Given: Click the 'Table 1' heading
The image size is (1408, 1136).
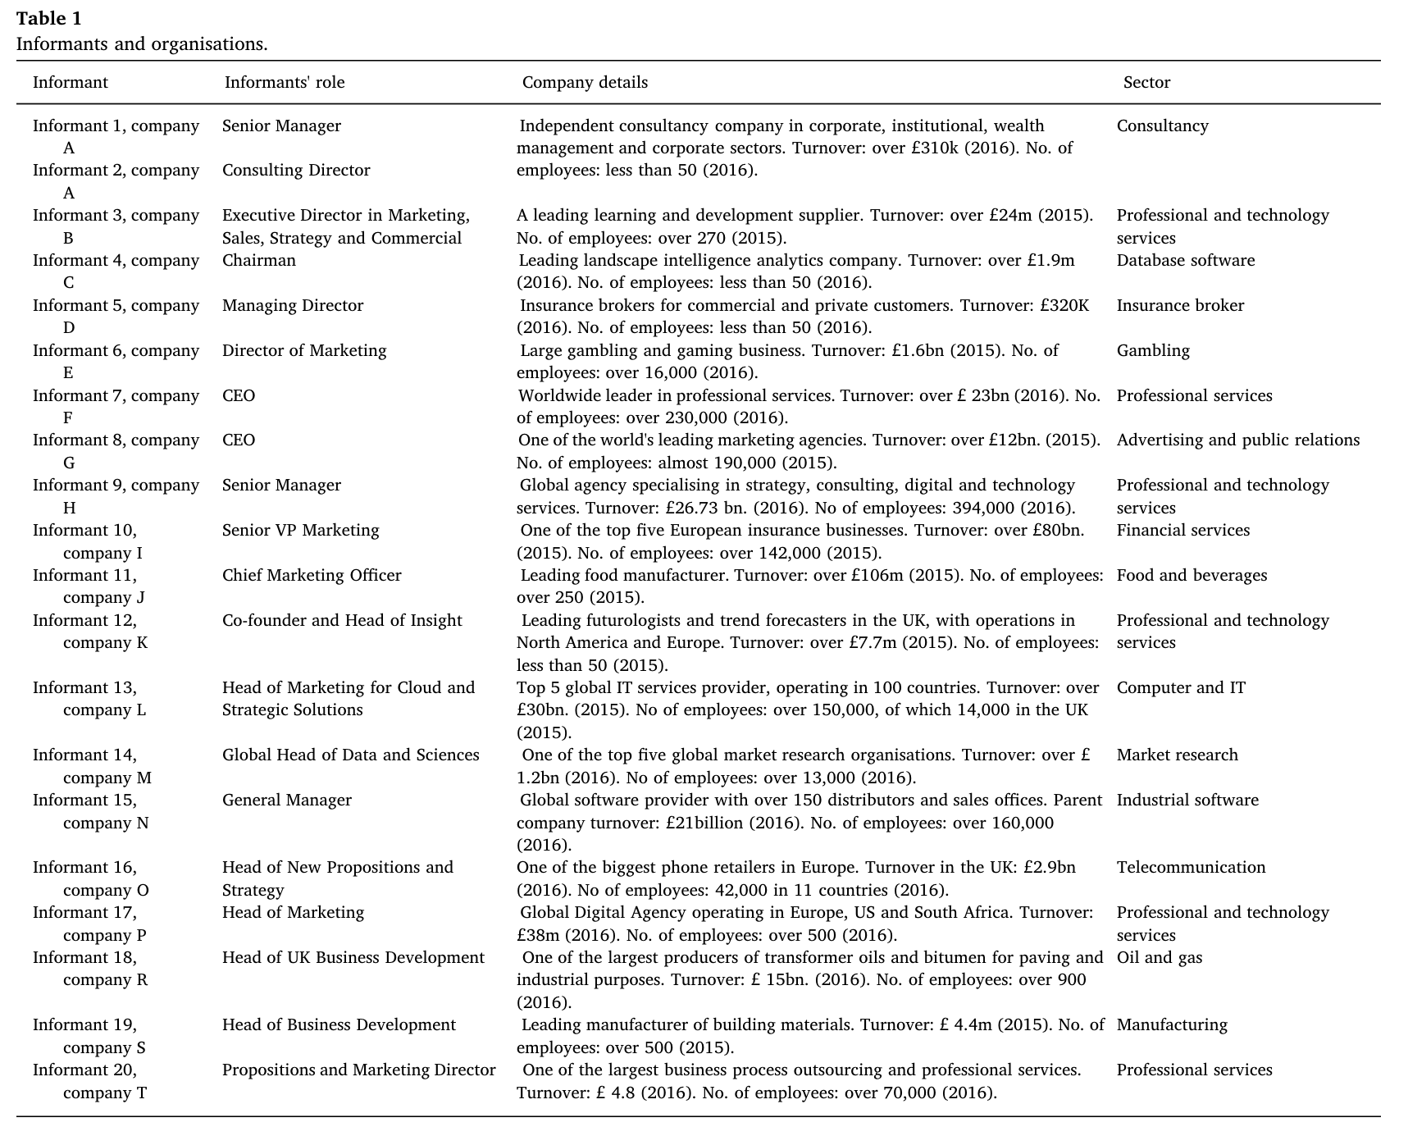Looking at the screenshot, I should click(48, 19).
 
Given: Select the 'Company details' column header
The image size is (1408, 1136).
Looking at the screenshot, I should click(585, 83).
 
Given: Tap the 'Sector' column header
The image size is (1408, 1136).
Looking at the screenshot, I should click(1146, 83).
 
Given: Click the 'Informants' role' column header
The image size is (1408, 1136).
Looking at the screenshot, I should click(285, 83).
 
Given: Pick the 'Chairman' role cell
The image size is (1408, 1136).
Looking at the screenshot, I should click(258, 261).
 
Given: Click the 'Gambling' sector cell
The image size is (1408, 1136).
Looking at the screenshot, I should click(1152, 351).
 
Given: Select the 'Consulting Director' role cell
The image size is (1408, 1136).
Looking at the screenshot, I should click(296, 171).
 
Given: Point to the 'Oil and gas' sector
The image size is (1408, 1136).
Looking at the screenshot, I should click(1159, 958).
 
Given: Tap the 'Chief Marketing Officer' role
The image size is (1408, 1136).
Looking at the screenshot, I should click(312, 576).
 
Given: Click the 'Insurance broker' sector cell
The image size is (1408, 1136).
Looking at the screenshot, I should click(1180, 306).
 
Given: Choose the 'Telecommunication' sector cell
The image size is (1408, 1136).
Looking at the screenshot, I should click(1191, 868).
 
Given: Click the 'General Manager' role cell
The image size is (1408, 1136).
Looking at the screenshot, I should click(286, 801).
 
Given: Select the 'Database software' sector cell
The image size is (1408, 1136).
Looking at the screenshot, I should click(1185, 261).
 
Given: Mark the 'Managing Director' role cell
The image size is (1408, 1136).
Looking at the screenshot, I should click(292, 306).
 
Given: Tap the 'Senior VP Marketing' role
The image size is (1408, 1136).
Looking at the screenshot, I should click(300, 531).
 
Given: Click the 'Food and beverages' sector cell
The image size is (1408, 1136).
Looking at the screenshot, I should click(1192, 576).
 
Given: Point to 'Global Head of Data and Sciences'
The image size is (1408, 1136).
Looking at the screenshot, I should click(350, 755).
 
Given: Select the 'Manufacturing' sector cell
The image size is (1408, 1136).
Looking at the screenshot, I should click(1172, 1025).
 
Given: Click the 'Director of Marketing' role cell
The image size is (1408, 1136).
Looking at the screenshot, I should click(304, 351).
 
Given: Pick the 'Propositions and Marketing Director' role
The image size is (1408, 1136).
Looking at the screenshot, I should click(358, 1070).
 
